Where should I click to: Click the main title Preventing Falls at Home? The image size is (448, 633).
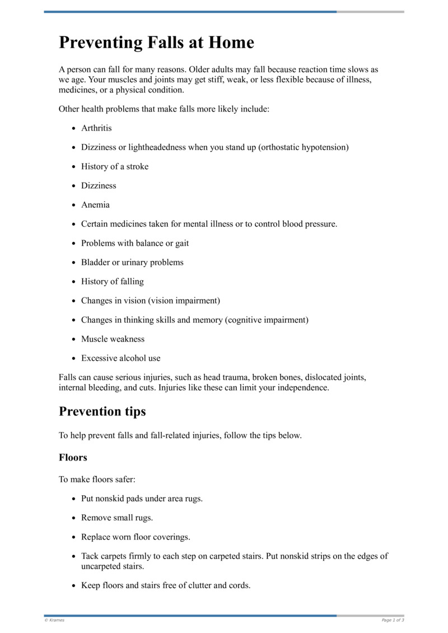(156, 43)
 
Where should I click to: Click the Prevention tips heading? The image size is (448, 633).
(102, 411)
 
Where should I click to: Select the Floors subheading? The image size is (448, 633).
(73, 457)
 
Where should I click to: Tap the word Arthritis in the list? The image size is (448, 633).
(96, 128)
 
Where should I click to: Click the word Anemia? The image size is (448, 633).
(95, 205)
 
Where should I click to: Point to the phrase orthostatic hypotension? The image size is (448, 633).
(304, 147)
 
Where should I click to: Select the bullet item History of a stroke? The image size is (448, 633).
(115, 166)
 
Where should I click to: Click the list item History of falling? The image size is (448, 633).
(112, 281)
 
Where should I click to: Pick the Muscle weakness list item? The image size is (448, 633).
(113, 339)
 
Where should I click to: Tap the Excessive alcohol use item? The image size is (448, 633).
(120, 358)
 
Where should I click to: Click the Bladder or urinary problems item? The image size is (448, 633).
(132, 262)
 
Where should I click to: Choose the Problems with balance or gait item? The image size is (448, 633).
(135, 243)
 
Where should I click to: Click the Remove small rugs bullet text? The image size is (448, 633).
(117, 518)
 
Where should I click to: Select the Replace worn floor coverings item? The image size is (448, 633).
(136, 537)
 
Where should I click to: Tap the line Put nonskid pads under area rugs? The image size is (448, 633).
(142, 499)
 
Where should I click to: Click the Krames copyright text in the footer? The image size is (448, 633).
(54, 620)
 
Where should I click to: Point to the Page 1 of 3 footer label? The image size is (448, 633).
(393, 620)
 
